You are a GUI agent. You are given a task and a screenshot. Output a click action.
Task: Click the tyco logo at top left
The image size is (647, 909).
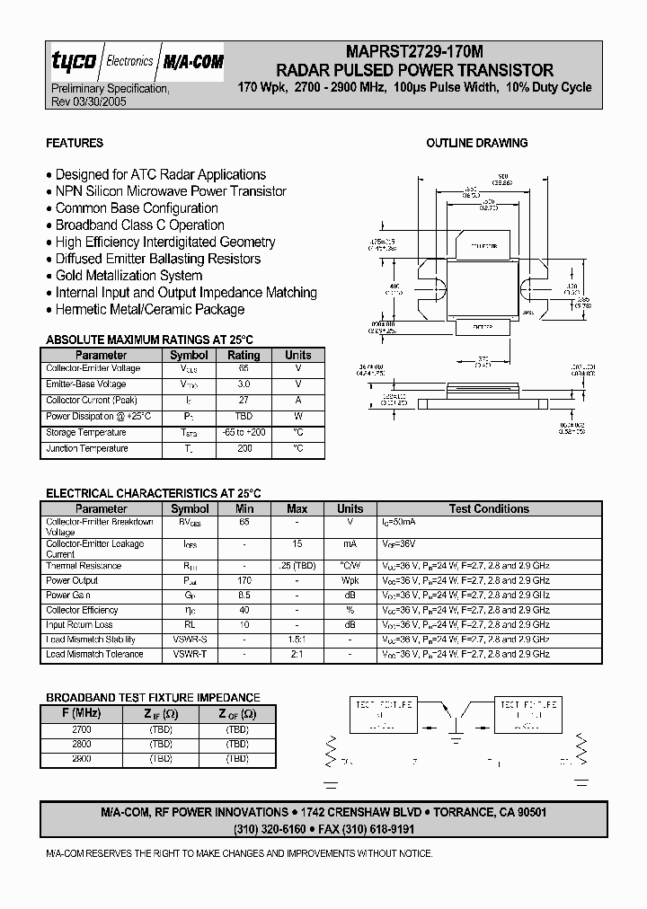[x=73, y=62]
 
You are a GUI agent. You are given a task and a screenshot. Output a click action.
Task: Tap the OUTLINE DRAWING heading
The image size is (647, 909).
[x=476, y=144]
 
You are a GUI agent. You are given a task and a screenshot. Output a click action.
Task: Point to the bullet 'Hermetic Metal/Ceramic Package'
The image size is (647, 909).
[x=149, y=310]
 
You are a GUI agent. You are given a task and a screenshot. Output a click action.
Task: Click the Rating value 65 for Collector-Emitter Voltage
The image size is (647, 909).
[x=244, y=368]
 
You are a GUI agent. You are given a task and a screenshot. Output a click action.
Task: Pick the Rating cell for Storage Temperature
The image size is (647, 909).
[x=244, y=433]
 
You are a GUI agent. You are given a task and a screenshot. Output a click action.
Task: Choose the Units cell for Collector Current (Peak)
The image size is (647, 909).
[x=297, y=401]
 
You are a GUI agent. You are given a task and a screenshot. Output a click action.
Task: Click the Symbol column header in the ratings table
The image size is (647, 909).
[x=189, y=355]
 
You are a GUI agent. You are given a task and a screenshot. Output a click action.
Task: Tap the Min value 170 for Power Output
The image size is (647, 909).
[x=244, y=581]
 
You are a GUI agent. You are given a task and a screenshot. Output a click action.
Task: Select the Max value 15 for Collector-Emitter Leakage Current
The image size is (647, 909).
[x=297, y=544]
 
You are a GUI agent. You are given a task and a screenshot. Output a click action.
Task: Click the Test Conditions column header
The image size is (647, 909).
[x=489, y=508]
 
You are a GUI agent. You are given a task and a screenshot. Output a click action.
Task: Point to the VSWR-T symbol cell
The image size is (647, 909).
[x=191, y=655]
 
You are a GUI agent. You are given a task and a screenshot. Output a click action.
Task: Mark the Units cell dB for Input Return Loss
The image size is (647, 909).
[x=350, y=625]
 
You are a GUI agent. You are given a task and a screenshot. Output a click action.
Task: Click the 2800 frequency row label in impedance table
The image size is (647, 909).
[x=81, y=745]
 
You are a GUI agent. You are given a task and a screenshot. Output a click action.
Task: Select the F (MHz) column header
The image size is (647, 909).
[x=81, y=714]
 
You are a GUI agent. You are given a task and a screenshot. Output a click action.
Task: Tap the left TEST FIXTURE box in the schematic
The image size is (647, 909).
[x=381, y=714]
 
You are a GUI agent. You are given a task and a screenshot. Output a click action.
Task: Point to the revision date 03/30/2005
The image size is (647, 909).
[x=96, y=102]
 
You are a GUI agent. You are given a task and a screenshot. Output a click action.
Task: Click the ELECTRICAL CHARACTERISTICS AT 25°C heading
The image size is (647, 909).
[x=153, y=493]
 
